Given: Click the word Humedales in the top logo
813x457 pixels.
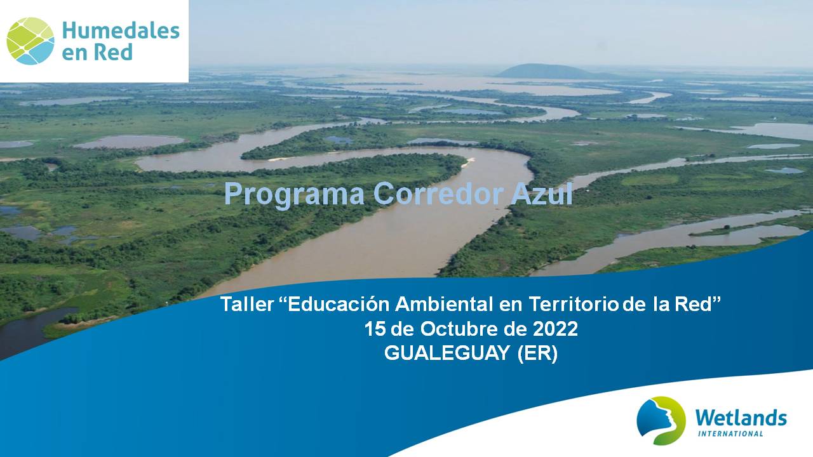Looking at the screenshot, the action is pyautogui.click(x=121, y=30).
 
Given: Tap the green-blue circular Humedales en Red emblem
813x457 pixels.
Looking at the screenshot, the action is pyautogui.click(x=30, y=41).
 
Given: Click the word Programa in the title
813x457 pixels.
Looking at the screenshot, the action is pyautogui.click(x=294, y=195).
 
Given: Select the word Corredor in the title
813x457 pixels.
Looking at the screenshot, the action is pyautogui.click(x=438, y=194).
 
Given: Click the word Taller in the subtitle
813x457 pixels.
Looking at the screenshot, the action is pyautogui.click(x=247, y=304).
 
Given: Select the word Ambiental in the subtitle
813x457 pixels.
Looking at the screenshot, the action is pyautogui.click(x=444, y=304).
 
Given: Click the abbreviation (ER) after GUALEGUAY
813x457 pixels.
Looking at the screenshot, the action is pyautogui.click(x=537, y=354).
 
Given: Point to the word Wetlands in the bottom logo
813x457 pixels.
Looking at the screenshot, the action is pyautogui.click(x=741, y=418).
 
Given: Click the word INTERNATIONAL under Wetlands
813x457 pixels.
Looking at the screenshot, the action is pyautogui.click(x=730, y=434).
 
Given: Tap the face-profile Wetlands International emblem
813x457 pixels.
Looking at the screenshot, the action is pyautogui.click(x=661, y=421).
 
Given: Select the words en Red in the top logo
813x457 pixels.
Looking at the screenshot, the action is pyautogui.click(x=97, y=53).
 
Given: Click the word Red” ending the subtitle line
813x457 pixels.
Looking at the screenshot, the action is pyautogui.click(x=697, y=303).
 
